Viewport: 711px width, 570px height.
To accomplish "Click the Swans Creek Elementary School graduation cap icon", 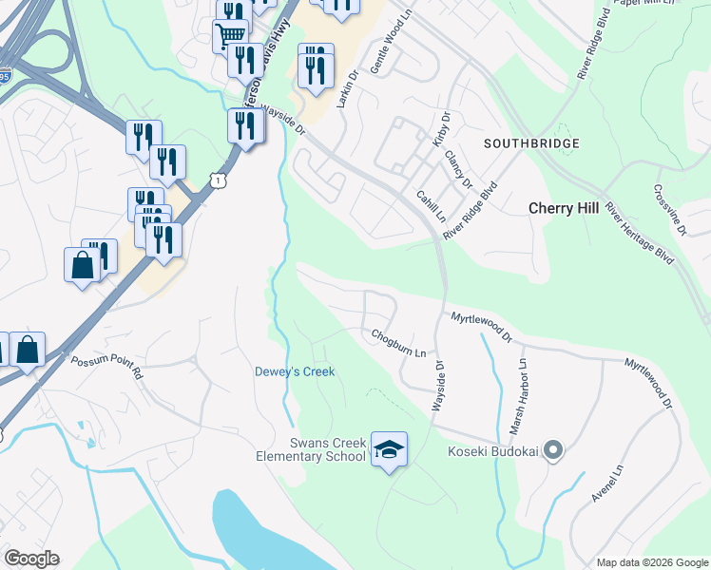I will click(389, 449).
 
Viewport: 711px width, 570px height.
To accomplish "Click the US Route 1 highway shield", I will click(220, 180).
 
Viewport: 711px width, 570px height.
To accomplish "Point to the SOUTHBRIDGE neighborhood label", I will click(531, 143).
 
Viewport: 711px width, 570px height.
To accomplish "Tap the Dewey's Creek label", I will click(295, 371).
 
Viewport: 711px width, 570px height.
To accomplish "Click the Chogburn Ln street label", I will click(398, 343).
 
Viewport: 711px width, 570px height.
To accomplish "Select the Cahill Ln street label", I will click(430, 204).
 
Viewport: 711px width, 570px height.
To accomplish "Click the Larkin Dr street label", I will click(351, 86).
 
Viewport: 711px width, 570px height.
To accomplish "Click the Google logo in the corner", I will click(31, 559).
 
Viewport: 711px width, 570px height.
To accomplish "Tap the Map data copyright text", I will click(651, 563).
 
